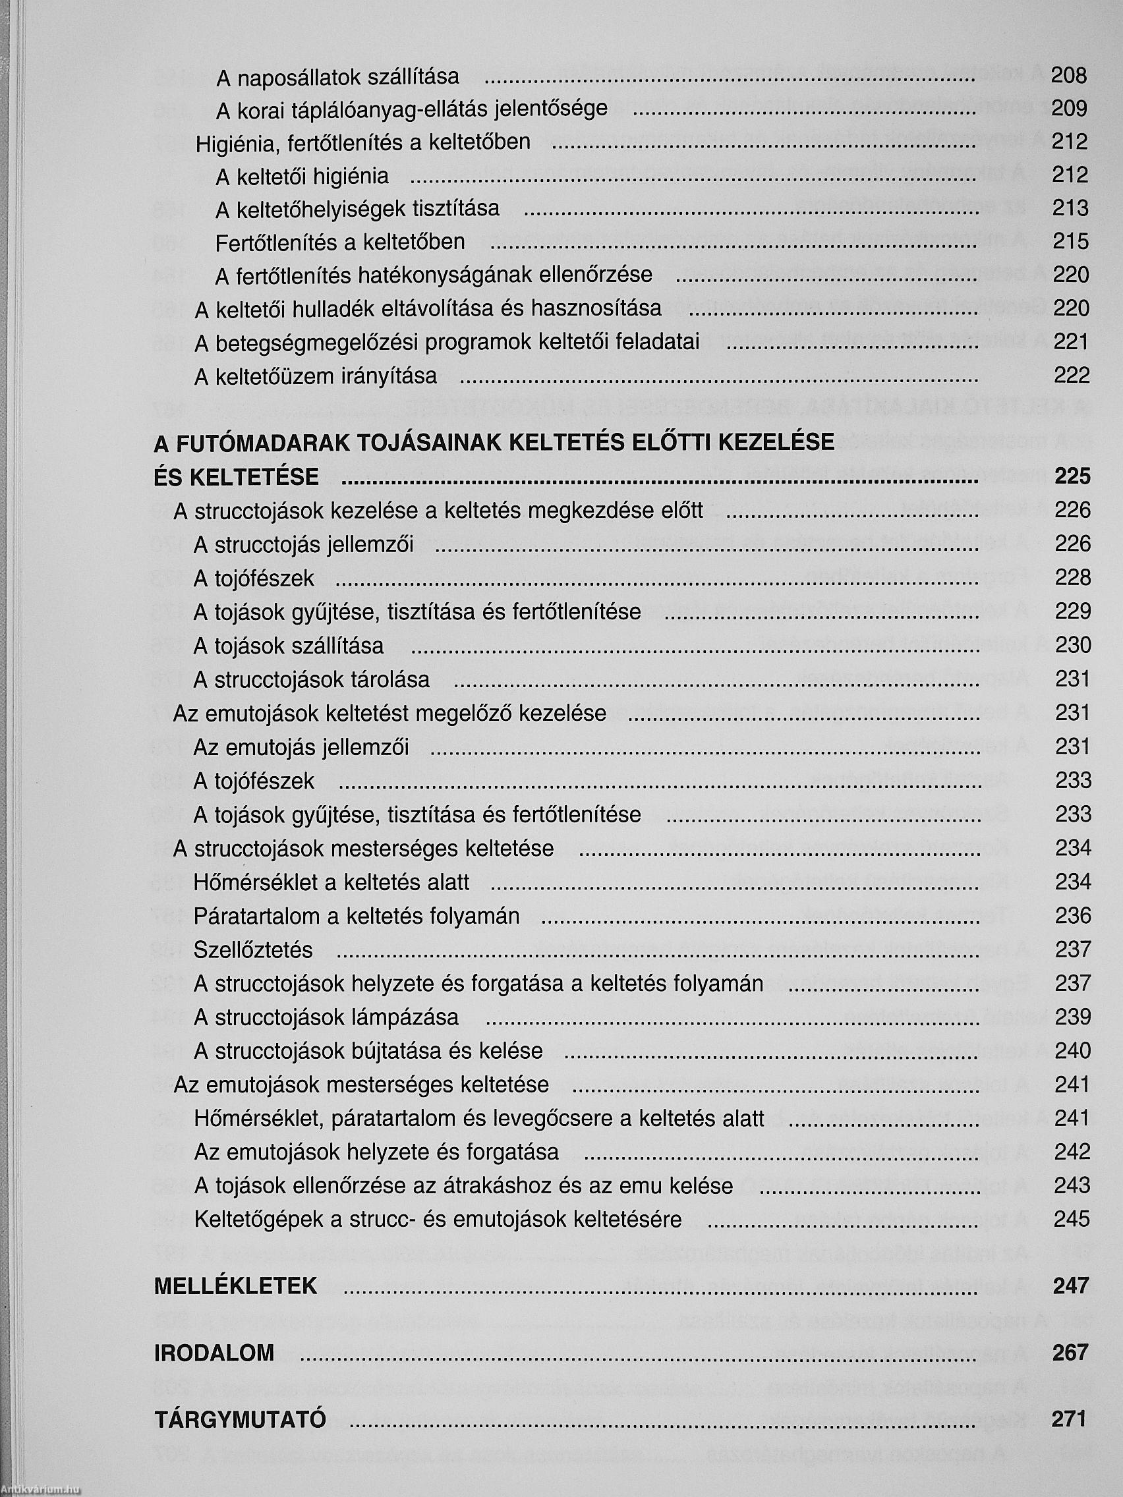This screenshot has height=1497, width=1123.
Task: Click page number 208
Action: coord(1069,75)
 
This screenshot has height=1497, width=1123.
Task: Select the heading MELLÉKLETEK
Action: coord(235,1286)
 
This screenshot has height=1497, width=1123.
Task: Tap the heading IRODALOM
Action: coord(215,1353)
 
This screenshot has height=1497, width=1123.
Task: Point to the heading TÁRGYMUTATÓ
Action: coord(241,1419)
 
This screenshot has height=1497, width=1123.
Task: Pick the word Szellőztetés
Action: coord(253,950)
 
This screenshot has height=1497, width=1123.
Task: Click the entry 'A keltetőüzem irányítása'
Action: coord(316,376)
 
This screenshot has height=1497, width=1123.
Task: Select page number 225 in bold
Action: coord(1072,476)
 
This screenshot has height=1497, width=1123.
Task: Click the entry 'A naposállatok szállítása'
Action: coord(337,77)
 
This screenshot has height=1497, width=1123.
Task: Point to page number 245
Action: coord(1072,1219)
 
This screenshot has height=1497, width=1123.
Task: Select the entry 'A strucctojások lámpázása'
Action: coord(326,1017)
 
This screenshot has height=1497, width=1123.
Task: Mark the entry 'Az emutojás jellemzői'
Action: coord(301,747)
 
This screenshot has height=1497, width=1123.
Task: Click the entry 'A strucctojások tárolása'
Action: coord(311,679)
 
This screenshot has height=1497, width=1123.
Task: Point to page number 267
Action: coord(1070,1353)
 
